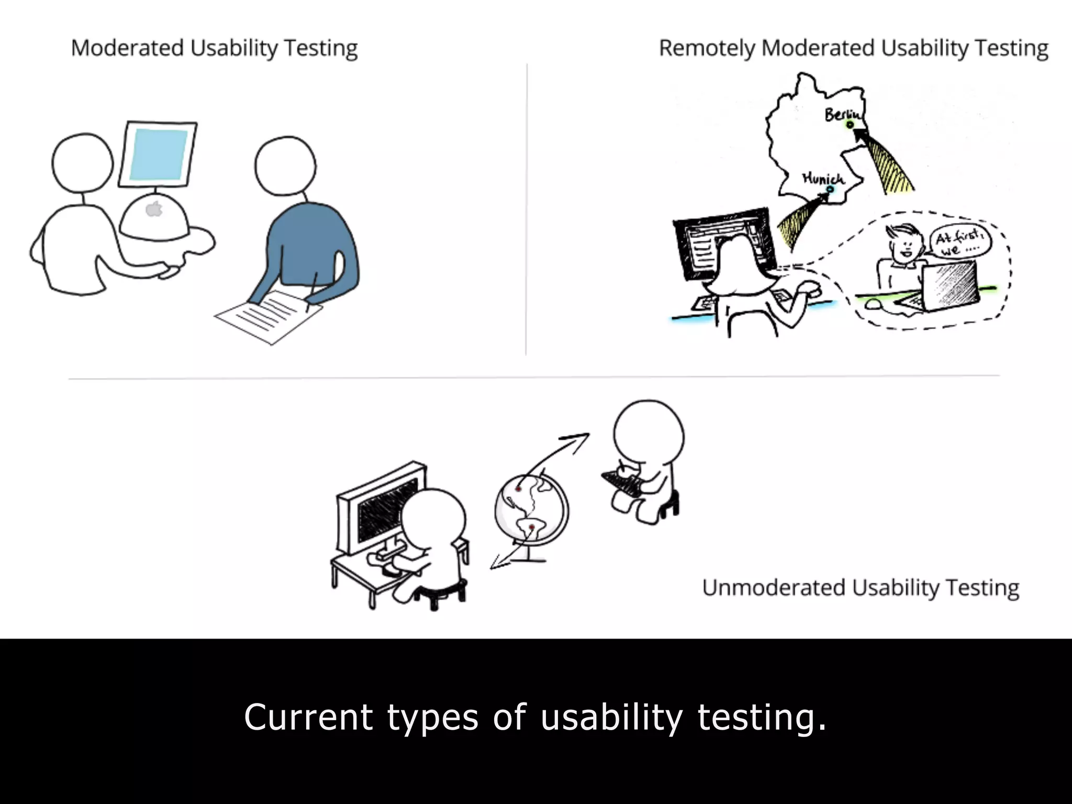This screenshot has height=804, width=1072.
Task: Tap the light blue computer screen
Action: [158, 155]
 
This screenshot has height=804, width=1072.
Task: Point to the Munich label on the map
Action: [823, 178]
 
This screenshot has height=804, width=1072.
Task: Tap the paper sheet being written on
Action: [269, 317]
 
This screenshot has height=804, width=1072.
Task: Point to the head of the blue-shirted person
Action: [285, 165]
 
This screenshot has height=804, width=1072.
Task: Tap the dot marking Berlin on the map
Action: [850, 125]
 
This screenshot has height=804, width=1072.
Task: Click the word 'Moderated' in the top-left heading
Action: [127, 49]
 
